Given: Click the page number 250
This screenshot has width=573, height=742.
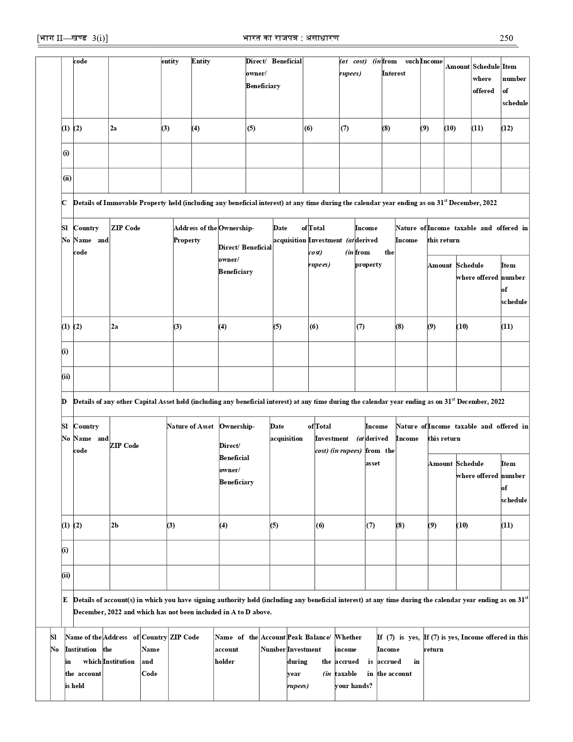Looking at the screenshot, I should (506, 38).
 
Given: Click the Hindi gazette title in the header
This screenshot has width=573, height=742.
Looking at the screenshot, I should (290, 38).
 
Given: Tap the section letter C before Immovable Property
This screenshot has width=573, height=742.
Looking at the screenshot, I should (64, 203).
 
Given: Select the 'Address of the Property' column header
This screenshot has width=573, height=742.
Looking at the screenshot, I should (195, 234).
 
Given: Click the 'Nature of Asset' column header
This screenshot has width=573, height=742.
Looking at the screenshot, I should (190, 426).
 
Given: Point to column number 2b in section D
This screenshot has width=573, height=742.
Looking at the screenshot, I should (115, 525).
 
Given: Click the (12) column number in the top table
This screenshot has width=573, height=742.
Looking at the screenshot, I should (507, 128).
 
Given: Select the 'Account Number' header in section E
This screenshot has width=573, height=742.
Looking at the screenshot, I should (273, 643).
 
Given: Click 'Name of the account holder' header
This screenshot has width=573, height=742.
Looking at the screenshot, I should (236, 649).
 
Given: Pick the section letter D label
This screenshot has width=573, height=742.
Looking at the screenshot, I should (64, 401).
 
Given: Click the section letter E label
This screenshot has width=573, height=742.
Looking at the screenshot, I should (65, 600).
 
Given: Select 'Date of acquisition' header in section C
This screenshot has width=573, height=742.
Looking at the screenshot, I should (290, 234).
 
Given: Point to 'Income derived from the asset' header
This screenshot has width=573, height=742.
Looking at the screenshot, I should (380, 444).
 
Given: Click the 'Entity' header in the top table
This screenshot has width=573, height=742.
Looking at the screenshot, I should (201, 61).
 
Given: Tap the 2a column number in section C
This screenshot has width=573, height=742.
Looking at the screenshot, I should (115, 326).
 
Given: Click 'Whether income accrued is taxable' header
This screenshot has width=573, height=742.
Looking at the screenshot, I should (354, 661).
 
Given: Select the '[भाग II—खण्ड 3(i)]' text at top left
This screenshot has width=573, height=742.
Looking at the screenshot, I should (72, 38).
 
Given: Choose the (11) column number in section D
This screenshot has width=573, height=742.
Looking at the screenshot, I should (507, 525).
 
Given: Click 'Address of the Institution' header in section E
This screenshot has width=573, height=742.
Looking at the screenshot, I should (121, 649).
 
